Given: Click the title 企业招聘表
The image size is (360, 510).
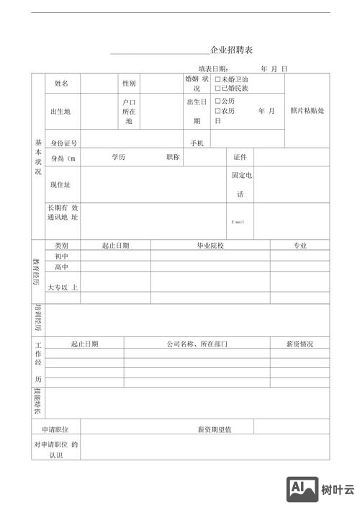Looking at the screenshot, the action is click(231, 51).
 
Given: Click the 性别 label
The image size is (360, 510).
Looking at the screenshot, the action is click(129, 84).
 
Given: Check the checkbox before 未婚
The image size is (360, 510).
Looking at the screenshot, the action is click(218, 79).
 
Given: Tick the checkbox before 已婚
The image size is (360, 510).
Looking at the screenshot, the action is click(218, 88).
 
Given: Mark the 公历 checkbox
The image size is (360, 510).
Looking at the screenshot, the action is click(218, 102).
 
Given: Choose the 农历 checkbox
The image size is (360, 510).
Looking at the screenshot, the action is click(218, 112).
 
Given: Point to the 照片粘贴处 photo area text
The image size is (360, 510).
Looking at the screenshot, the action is click(307, 111).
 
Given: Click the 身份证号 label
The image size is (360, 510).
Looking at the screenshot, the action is click(63, 143).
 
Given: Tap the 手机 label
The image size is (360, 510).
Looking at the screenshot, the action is click(197, 143).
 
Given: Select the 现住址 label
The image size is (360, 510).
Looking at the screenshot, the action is click(60, 185).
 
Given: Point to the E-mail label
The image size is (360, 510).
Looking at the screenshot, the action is click(238, 222).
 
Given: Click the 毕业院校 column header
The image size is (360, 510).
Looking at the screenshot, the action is click(210, 246).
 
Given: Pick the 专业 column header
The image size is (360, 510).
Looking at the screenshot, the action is click(300, 246).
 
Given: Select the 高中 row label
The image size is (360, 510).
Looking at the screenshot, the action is click(61, 267).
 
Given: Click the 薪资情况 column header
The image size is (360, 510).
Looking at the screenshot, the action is click(300, 344).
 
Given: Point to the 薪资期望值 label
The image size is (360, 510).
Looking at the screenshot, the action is click(215, 430).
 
